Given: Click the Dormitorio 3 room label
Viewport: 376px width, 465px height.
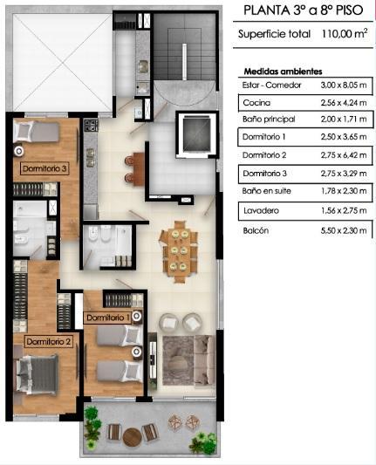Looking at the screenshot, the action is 44,168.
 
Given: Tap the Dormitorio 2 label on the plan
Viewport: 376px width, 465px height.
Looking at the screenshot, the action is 48,342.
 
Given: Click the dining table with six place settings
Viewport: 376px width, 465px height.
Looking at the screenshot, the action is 178,252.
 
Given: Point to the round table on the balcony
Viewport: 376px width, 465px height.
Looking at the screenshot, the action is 133,436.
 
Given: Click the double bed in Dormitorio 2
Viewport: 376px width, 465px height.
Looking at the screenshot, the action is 37,375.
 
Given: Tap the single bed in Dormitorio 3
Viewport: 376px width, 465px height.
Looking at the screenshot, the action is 37,132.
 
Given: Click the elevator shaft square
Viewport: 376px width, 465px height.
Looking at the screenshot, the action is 196,133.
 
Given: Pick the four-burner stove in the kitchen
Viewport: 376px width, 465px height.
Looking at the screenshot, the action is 91,126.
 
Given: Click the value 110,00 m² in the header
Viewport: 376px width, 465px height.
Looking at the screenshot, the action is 345,33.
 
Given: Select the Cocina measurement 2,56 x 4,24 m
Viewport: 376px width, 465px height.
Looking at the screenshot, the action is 344,103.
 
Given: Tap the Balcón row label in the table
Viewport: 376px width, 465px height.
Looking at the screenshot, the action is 256,230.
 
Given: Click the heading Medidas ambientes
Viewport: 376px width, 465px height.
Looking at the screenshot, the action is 283,72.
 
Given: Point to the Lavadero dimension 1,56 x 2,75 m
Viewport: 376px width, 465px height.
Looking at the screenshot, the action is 344,210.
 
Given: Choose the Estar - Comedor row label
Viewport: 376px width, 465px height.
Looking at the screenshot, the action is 271,85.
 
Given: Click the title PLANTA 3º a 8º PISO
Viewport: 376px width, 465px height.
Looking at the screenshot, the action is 304,10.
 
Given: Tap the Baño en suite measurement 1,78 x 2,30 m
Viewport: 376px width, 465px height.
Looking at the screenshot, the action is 344,191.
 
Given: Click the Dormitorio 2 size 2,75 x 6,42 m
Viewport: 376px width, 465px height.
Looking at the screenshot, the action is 344,155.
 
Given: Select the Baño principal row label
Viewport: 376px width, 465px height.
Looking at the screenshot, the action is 269,120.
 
